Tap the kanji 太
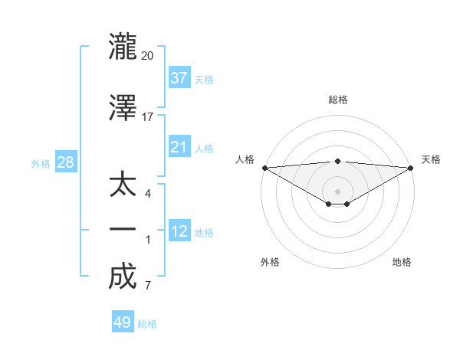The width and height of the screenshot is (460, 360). point(123,185)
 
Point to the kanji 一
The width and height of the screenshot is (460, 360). point(123,229)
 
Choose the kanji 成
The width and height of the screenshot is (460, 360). point(123,277)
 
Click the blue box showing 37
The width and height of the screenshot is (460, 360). point(179,77)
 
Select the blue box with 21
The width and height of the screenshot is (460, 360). point(179,147)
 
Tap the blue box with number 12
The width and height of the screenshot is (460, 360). point(179,231)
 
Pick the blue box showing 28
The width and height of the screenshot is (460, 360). point(65,162)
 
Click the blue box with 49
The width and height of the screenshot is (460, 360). point(123,322)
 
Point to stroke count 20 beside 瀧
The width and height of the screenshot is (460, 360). point(147,55)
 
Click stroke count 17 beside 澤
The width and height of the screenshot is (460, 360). point(147,118)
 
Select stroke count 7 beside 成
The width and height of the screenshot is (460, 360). point(147,286)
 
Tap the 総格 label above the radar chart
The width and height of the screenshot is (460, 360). point(337,100)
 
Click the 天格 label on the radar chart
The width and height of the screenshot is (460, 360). point(431,159)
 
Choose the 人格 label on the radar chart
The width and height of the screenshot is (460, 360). point(245,159)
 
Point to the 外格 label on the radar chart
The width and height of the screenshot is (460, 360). point(270,262)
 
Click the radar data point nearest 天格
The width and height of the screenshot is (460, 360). point(410,168)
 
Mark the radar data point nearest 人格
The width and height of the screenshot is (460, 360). point(264,168)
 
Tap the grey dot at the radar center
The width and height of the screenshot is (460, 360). point(337,191)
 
